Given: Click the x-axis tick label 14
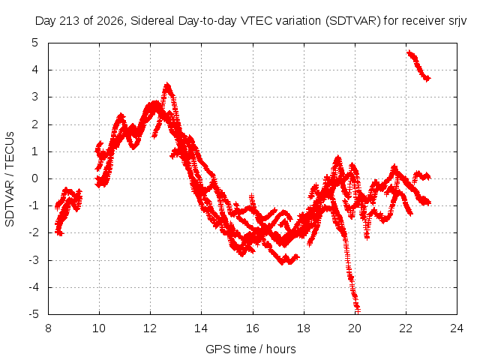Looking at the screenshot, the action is click(201, 328).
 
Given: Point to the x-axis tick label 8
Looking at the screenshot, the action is click(48, 328).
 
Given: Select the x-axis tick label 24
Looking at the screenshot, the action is click(457, 328).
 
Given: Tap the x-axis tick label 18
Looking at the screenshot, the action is click(304, 328).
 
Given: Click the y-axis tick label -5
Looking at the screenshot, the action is click(34, 314).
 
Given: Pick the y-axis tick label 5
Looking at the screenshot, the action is click(35, 43).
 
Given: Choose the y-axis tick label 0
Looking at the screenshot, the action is click(35, 178).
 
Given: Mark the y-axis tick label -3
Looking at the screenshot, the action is click(34, 260).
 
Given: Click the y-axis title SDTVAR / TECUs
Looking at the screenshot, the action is click(10, 179).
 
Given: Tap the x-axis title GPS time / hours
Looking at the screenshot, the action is click(250, 349).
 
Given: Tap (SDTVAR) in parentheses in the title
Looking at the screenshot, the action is click(353, 21).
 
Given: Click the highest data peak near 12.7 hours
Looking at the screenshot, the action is click(167, 85).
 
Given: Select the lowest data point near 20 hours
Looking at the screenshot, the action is click(357, 311).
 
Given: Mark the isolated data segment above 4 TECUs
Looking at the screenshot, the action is click(418, 65).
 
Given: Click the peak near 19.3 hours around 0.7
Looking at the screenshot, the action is click(337, 158).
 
